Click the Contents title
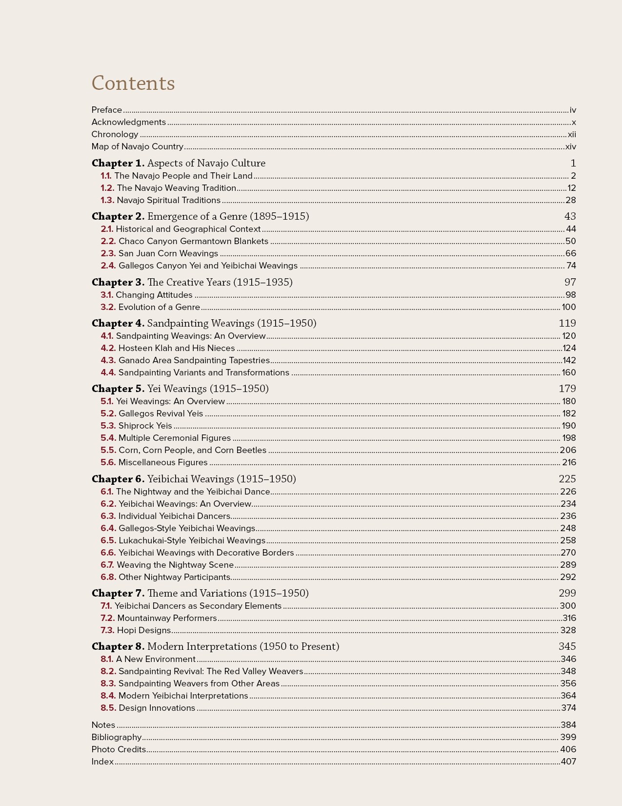coord(133,83)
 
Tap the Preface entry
coord(107,110)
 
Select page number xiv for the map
coord(570,147)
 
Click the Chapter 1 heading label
coord(118,164)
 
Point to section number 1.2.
coord(107,188)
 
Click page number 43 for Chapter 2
coord(570,217)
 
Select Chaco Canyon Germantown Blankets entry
coord(193,242)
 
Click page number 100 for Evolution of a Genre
coord(568,308)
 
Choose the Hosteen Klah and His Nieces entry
coord(177,349)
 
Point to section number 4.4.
coord(108,373)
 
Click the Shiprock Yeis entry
coord(145,426)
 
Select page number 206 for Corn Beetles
coord(568,451)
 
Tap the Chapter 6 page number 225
coord(567,479)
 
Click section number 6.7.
coord(107,565)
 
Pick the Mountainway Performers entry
coord(167,619)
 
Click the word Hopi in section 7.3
coord(127,631)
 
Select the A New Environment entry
coord(156,660)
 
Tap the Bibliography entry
coord(117,738)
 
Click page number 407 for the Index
coord(568,762)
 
